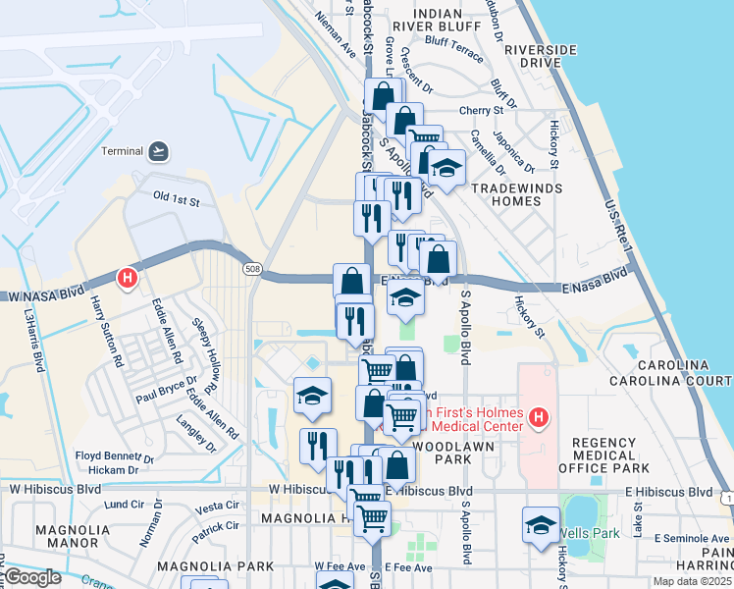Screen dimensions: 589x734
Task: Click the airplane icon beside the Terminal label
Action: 158,151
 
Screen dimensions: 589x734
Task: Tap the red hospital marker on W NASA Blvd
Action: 127,279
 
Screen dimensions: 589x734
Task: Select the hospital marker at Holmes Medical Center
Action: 537,419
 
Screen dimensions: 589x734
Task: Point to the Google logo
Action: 31,577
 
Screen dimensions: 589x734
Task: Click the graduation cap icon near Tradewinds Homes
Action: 446,169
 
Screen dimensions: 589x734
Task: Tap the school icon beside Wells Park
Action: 541,525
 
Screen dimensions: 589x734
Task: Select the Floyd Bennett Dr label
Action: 115,456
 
